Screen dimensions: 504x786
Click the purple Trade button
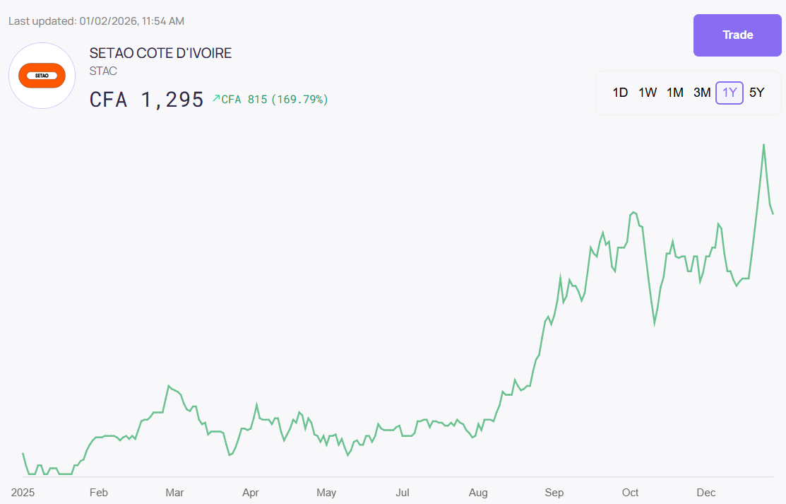(x=737, y=35)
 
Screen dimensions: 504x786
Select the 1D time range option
(x=620, y=93)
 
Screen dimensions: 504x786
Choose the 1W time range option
(x=648, y=93)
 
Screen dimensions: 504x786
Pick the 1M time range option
(x=675, y=93)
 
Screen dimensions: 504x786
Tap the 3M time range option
(x=702, y=93)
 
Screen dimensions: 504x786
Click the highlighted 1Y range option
(x=730, y=93)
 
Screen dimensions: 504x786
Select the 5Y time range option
(x=756, y=93)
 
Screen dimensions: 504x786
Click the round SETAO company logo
(x=42, y=76)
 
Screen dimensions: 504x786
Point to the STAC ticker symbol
(x=103, y=71)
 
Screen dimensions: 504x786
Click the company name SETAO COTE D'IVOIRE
(x=160, y=53)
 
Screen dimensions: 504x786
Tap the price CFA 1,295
(x=147, y=100)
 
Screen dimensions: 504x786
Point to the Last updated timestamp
(x=96, y=21)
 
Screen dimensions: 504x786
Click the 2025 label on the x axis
(x=23, y=492)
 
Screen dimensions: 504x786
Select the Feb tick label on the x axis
(x=98, y=492)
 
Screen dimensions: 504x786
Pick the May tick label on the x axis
(x=326, y=492)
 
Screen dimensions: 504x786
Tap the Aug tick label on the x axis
(x=478, y=492)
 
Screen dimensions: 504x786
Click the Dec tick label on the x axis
(x=706, y=492)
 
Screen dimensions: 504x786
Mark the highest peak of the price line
(x=763, y=145)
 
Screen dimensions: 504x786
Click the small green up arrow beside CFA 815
(x=216, y=98)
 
